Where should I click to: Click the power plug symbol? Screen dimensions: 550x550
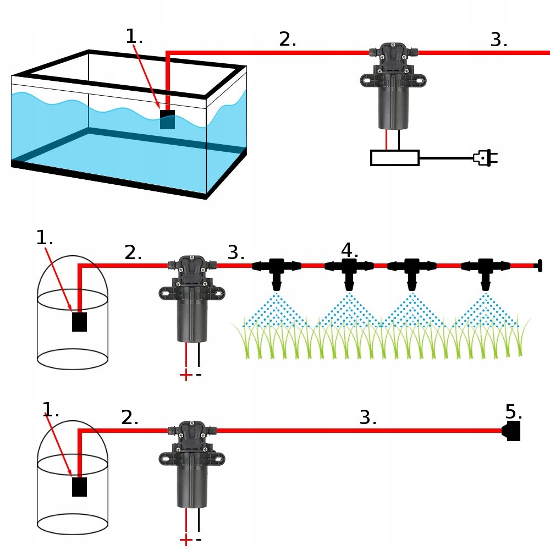(x=485, y=158)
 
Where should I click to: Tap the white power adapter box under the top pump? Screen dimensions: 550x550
(x=395, y=158)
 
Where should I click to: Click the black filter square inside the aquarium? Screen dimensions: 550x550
(x=167, y=119)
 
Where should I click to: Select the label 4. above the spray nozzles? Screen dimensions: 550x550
(x=349, y=250)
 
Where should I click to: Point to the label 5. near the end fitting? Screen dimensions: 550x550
(x=514, y=411)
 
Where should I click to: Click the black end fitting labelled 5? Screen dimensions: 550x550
(x=512, y=431)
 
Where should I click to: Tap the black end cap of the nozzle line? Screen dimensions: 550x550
(x=539, y=266)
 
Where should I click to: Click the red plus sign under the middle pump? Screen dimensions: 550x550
(x=186, y=375)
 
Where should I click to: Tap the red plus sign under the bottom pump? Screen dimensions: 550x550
(x=186, y=540)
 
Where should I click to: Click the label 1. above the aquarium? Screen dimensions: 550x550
(x=134, y=36)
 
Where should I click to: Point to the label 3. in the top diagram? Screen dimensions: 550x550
(x=499, y=40)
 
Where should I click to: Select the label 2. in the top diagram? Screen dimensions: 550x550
(x=288, y=39)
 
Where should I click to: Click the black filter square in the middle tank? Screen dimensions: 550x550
(x=79, y=322)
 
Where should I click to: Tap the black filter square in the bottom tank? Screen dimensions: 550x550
(x=79, y=487)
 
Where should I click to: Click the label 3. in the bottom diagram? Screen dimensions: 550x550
(x=368, y=417)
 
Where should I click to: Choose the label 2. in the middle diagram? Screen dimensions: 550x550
(x=133, y=252)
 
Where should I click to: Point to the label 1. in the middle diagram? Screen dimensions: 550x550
(x=45, y=238)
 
